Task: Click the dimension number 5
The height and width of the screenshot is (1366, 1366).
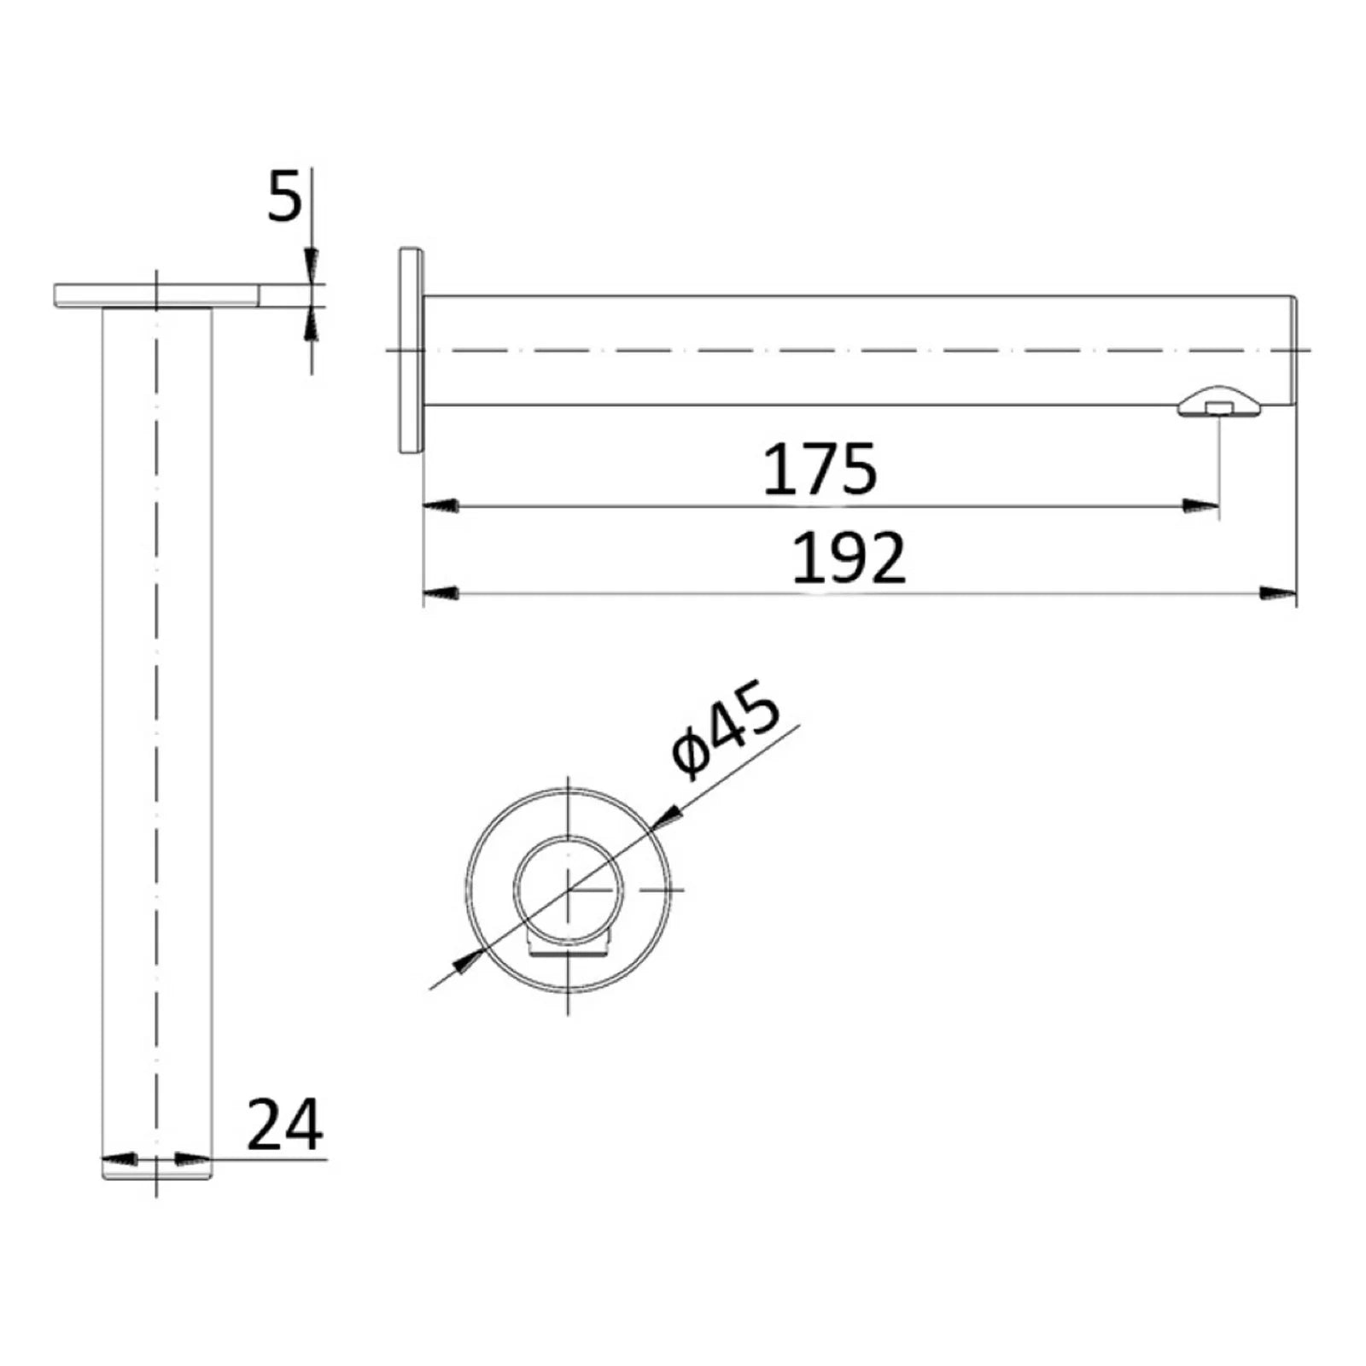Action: click(285, 196)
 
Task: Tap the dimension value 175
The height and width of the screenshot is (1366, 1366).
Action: click(820, 469)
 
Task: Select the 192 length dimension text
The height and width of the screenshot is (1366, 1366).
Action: click(849, 558)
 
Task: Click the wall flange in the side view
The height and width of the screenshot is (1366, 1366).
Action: click(411, 350)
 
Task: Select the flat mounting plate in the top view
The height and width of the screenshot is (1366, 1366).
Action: click(156, 295)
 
